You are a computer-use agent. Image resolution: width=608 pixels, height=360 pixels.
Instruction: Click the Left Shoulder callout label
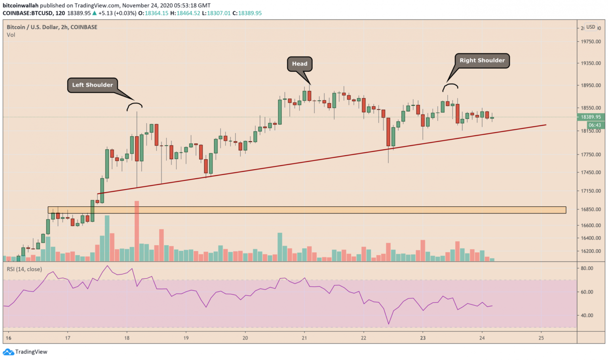tap(92, 85)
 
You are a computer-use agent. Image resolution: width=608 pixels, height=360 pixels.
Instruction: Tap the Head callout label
tap(300, 64)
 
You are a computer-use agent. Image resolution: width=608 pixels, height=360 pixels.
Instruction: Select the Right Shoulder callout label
tap(482, 61)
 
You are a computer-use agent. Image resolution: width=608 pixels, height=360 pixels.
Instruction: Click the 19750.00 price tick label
tap(591, 42)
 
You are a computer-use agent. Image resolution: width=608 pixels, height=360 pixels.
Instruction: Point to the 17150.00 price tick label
tap(591, 191)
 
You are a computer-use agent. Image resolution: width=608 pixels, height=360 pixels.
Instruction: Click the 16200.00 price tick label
tap(591, 251)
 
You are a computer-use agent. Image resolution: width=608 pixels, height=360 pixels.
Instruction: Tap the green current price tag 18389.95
tap(591, 117)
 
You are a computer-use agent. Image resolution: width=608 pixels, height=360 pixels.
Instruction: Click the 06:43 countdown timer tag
tap(595, 125)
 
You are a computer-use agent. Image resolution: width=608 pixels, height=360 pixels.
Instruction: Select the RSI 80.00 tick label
tap(587, 268)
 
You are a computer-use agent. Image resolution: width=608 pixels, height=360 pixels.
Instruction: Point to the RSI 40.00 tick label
tap(587, 316)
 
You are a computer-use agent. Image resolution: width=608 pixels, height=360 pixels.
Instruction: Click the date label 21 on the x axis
tap(304, 338)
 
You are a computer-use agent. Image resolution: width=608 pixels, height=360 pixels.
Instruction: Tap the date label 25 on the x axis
tap(541, 338)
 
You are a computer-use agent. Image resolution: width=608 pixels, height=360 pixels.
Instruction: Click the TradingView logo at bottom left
tap(25, 352)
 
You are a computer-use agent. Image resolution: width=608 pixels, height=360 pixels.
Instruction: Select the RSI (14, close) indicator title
tap(24, 269)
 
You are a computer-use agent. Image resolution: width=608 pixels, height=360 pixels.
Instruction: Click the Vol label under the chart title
tap(11, 35)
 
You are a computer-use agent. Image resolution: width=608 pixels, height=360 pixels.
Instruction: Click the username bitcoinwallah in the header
tap(21, 6)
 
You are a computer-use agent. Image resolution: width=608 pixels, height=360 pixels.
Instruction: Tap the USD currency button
tap(591, 27)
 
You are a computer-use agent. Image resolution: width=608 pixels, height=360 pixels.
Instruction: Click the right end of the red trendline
tap(545, 125)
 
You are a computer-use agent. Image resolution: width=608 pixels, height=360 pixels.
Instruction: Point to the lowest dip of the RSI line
tap(389, 324)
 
